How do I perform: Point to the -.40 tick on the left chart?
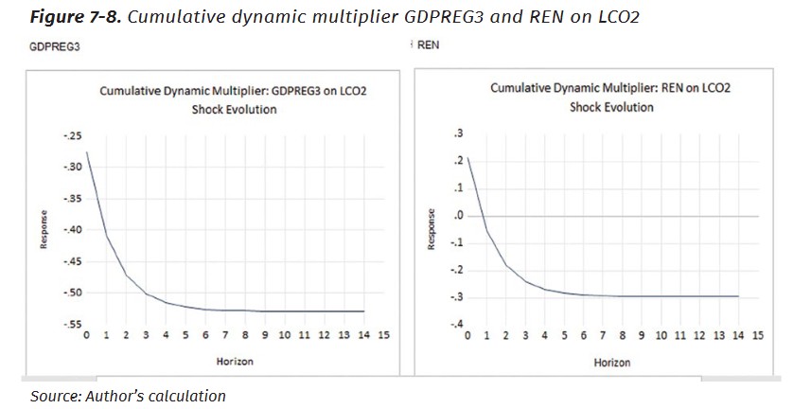point(71,230)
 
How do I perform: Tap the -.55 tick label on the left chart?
point(71,324)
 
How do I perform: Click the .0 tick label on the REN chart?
point(458,216)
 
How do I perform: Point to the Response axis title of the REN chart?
point(431,229)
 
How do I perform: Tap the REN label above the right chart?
point(428,44)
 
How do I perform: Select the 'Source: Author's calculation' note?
point(128,396)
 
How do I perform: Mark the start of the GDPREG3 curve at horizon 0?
point(86,152)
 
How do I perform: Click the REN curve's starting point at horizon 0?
point(467,157)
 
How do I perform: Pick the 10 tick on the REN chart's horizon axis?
point(661,336)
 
